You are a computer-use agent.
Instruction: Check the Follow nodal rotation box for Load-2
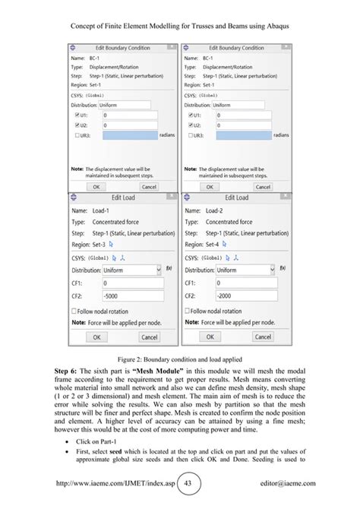pyautogui.click(x=188, y=311)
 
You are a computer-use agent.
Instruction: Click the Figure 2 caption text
pyautogui.click(x=179, y=358)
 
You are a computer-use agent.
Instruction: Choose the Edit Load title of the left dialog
pyautogui.click(x=123, y=198)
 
